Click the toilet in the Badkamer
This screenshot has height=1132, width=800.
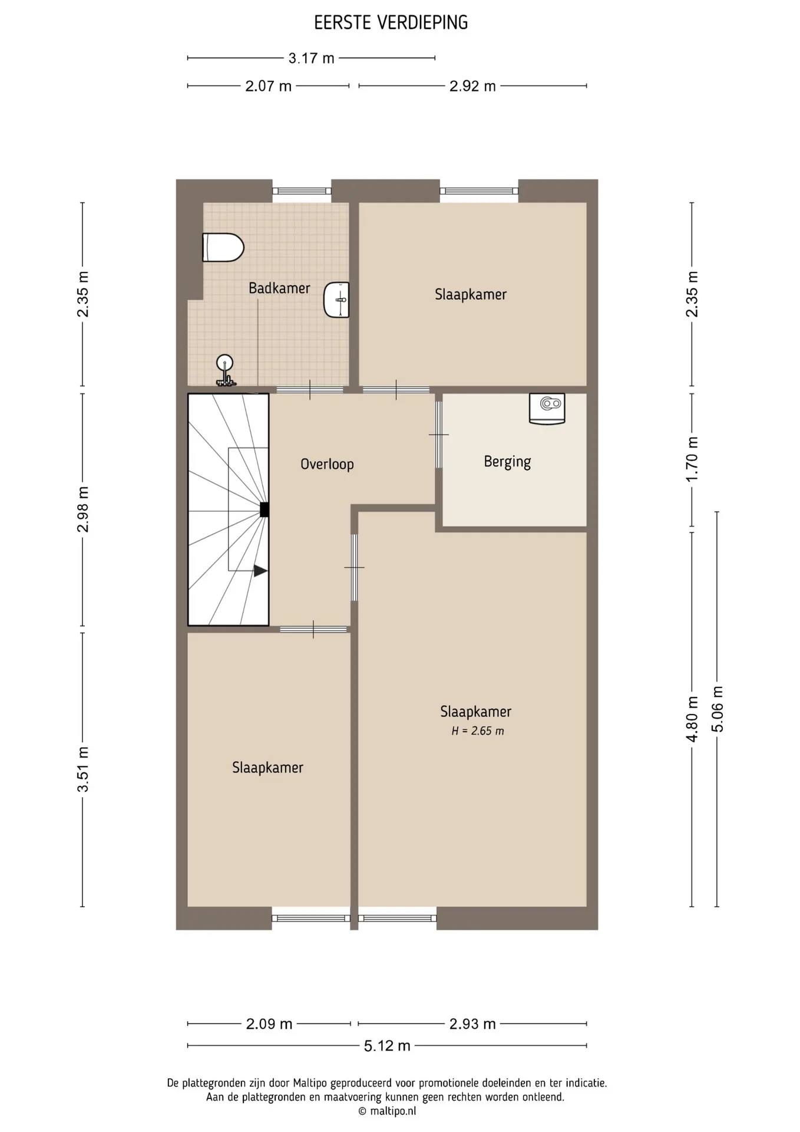(223, 247)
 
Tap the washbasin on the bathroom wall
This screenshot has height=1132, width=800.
(336, 300)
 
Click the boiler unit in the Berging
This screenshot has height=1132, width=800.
(547, 409)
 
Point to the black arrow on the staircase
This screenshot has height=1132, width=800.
(260, 571)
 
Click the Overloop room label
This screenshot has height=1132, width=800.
(327, 464)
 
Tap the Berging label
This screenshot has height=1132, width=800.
(507, 462)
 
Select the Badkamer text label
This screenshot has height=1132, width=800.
(279, 288)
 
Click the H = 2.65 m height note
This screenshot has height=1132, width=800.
(478, 731)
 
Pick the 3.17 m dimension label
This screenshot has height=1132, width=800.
(311, 58)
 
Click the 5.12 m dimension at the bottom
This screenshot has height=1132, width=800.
(387, 1062)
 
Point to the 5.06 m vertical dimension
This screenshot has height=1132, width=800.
(718, 709)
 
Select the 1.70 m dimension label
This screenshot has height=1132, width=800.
(692, 459)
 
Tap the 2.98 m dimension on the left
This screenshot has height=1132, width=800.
(83, 509)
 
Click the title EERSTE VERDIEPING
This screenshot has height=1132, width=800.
(391, 23)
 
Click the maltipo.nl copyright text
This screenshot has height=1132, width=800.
(387, 1111)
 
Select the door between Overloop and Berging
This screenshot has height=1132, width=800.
(439, 435)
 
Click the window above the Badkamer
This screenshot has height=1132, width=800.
(302, 190)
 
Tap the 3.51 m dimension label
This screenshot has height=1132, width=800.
(83, 769)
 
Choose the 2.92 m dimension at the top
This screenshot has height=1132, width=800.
(472, 86)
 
